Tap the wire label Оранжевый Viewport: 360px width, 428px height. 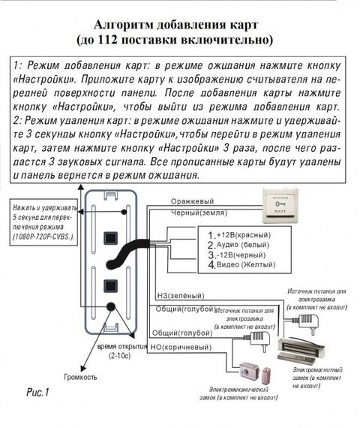point(192,201)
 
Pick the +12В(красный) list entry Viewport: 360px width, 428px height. point(241,236)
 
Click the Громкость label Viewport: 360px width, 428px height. point(81,377)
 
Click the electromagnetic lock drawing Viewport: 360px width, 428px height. point(303,348)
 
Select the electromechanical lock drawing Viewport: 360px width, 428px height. point(251,372)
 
